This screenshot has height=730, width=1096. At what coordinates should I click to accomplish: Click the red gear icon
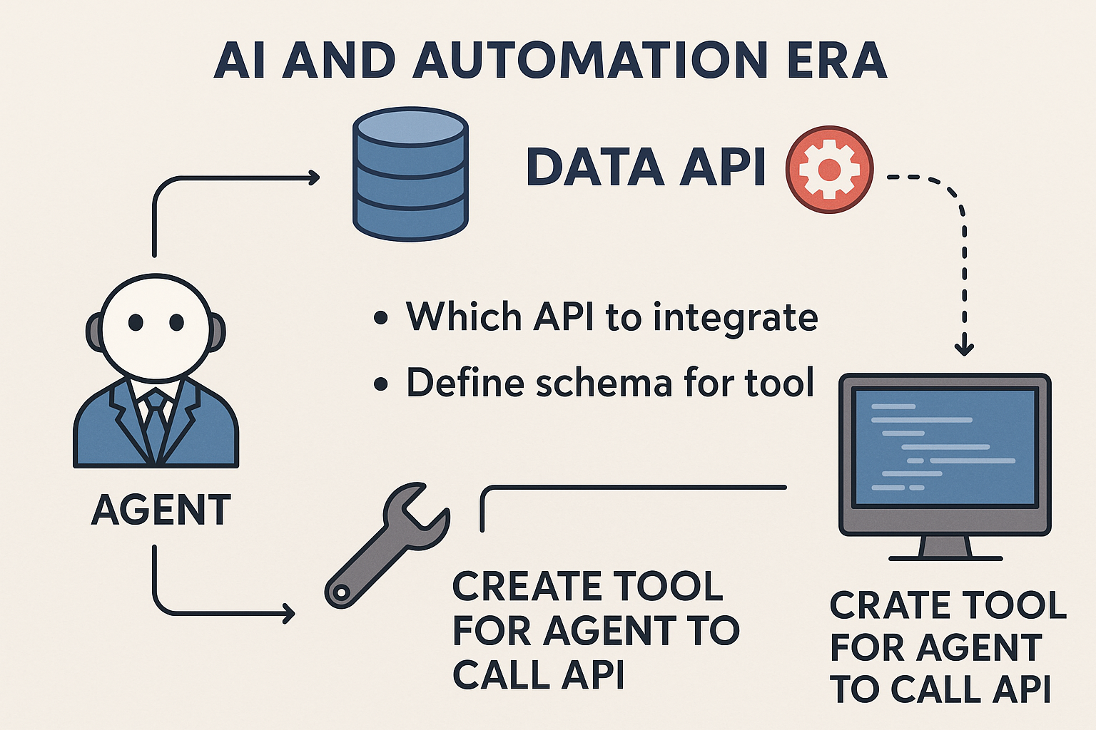coord(829,170)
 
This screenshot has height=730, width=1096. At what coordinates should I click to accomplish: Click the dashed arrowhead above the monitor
coord(964,349)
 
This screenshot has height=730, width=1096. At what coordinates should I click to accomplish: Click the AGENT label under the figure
coord(161,510)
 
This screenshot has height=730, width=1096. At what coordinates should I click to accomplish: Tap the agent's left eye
coord(136,323)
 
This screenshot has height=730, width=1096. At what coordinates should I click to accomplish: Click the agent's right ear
coord(217,331)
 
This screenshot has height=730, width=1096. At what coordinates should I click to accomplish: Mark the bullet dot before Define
coord(382,384)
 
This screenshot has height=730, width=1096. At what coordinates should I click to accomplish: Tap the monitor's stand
coord(945,547)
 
